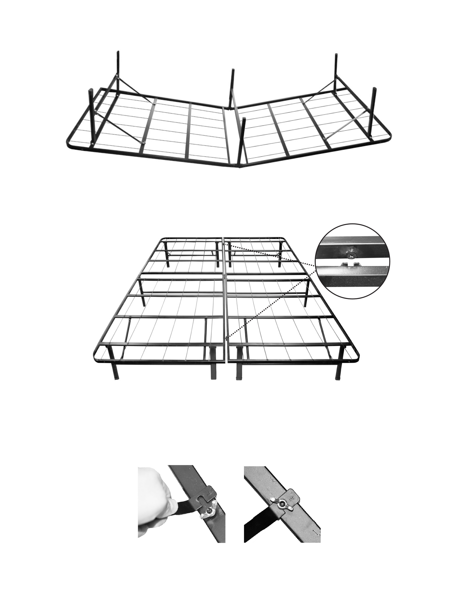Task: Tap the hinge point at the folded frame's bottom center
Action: click(x=240, y=167)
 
